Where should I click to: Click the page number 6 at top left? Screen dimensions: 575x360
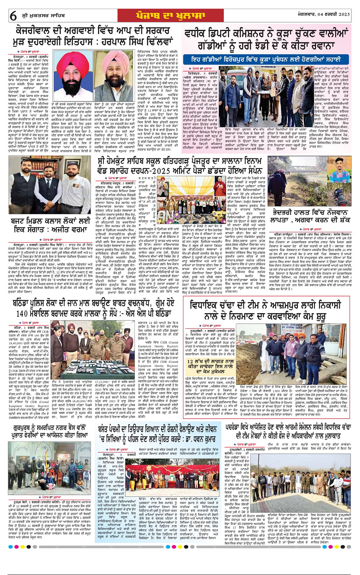tap(13, 16)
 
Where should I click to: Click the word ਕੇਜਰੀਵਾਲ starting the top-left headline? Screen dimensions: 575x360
tap(38, 31)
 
